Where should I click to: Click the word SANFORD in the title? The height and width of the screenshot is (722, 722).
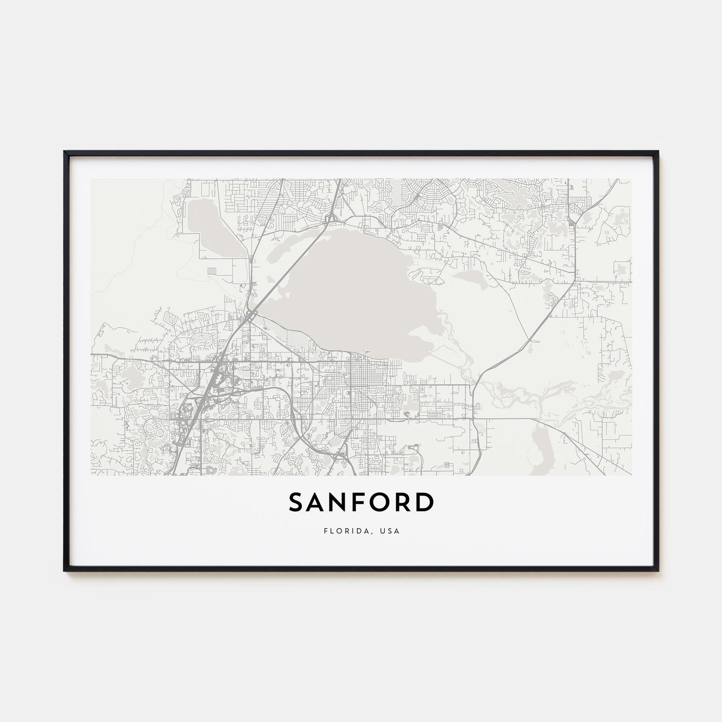[360, 502]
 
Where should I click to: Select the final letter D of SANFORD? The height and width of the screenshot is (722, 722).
[423, 503]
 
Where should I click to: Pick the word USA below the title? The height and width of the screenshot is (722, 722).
[390, 530]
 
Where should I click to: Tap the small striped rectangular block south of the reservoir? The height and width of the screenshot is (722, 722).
[212, 271]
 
